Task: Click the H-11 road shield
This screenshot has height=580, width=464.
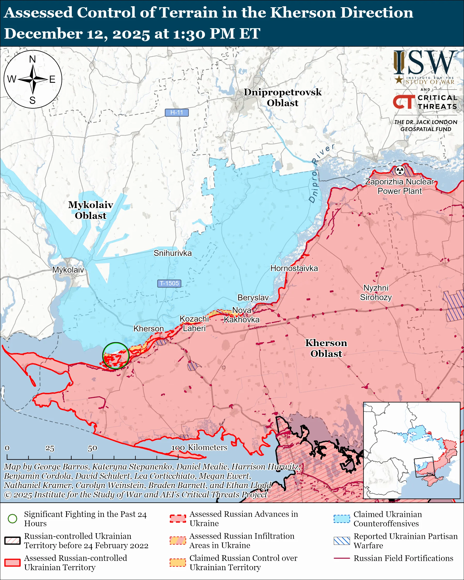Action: [177, 112]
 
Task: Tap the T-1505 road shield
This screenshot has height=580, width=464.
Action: [169, 283]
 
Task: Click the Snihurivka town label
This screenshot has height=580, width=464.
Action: [172, 253]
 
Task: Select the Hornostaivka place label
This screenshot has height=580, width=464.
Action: [294, 268]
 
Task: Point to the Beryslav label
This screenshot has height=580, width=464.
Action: [253, 297]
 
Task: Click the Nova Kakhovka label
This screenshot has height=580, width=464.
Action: [241, 315]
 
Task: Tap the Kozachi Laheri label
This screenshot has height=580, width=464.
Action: [194, 323]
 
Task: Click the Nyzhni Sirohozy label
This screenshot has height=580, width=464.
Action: [376, 292]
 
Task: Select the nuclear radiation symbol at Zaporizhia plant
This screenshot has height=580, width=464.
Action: [400, 170]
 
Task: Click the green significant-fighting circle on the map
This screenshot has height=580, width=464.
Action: [116, 355]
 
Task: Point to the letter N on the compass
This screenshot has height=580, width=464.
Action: [33, 59]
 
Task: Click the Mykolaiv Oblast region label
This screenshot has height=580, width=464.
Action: [90, 210]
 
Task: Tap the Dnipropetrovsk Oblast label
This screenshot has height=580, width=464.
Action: [283, 97]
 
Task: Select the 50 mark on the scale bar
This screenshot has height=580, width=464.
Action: [92, 448]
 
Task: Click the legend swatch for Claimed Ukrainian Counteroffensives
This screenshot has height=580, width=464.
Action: [342, 519]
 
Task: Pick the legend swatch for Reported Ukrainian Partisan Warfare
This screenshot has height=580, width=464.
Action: [342, 541]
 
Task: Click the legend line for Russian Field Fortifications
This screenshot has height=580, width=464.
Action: [342, 558]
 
